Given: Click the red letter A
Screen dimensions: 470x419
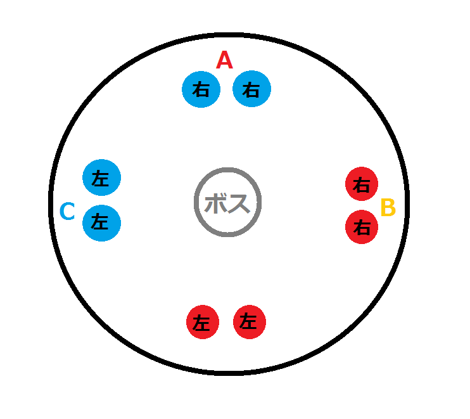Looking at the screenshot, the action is click(224, 60).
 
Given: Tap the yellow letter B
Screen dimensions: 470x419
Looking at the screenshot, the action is click(388, 207).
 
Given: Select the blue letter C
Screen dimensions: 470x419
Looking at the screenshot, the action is click(67, 211).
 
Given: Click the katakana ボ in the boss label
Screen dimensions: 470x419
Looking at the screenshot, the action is click(215, 203).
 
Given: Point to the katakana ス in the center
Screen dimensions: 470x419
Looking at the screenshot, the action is click(239, 203).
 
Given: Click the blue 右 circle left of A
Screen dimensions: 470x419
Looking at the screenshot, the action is click(201, 89).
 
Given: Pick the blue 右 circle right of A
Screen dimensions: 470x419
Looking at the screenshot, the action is click(252, 89).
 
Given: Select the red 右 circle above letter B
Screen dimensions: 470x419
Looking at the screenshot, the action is click(362, 184).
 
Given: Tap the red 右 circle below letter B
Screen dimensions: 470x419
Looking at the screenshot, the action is click(362, 227).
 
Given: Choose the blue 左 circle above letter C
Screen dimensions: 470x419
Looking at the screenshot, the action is click(101, 177).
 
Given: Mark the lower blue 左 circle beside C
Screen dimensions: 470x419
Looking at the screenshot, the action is click(101, 223).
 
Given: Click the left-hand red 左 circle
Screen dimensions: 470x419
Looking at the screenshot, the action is click(203, 322).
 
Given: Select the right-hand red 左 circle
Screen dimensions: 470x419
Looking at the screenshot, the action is click(250, 322).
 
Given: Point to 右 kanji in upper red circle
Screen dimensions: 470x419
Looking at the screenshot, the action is click(362, 184).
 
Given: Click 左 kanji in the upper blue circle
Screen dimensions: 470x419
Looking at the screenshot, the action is click(100, 178).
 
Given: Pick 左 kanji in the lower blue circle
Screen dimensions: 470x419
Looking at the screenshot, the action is click(100, 222).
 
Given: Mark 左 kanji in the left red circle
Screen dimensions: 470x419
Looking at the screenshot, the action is click(201, 323).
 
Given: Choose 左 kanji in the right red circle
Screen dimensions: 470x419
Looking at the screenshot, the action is click(248, 321).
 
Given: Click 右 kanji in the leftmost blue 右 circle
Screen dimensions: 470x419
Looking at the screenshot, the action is click(201, 89).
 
